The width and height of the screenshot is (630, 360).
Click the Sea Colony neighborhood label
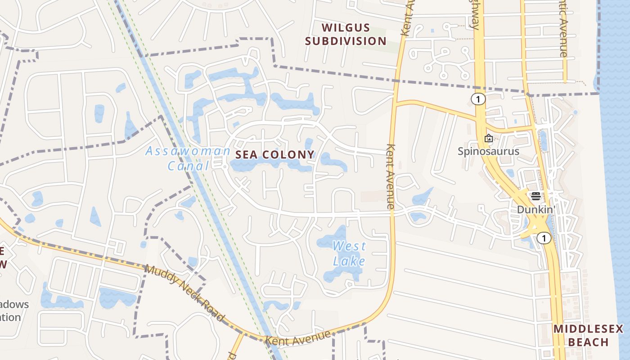click(x=275, y=154)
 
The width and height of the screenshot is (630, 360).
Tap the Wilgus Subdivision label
click(x=346, y=34)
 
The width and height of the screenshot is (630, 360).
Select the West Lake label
click(x=349, y=253)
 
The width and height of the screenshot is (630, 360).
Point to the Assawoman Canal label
click(x=188, y=158)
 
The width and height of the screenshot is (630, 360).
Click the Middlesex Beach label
click(x=588, y=335)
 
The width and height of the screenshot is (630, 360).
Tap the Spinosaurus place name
click(x=488, y=151)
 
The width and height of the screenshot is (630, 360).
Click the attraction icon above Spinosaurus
click(x=488, y=138)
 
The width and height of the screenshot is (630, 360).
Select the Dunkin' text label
click(x=535, y=209)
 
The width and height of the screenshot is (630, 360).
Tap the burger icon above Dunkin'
click(x=535, y=196)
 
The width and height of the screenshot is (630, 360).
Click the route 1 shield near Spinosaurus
click(x=478, y=99)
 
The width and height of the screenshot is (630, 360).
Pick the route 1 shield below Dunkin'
click(x=544, y=238)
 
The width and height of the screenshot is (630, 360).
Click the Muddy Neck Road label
click(x=184, y=293)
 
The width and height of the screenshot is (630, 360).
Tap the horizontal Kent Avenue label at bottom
click(x=298, y=338)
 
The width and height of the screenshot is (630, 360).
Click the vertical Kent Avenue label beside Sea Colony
click(x=390, y=176)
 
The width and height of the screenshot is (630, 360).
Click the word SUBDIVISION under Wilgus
click(x=346, y=41)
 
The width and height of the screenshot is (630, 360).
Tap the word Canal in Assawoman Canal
click(x=189, y=166)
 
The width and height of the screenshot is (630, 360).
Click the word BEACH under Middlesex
click(x=588, y=342)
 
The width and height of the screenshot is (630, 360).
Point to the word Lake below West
click(x=349, y=261)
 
